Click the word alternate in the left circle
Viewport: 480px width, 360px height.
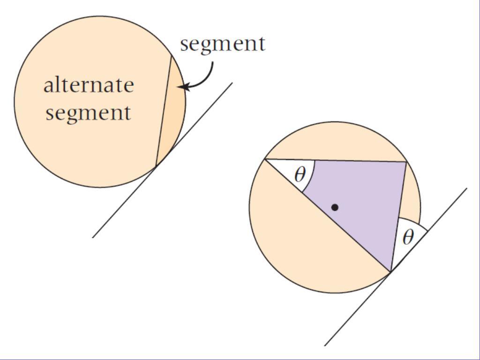pyautogui.click(x=89, y=85)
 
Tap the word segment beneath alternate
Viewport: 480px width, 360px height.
pyautogui.click(x=88, y=113)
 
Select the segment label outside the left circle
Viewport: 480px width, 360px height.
pyautogui.click(x=223, y=44)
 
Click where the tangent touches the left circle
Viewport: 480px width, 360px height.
pyautogui.click(x=156, y=166)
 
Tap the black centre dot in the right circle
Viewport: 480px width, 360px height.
pyautogui.click(x=335, y=207)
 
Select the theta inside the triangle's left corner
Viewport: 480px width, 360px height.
pyautogui.click(x=300, y=175)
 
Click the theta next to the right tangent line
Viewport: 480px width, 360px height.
pyautogui.click(x=408, y=238)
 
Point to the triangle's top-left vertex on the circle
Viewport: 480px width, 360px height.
pyautogui.click(x=265, y=159)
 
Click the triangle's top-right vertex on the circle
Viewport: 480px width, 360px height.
pyautogui.click(x=406, y=162)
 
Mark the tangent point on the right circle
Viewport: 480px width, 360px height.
pyautogui.click(x=390, y=271)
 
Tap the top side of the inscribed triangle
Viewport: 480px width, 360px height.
pyautogui.click(x=335, y=160)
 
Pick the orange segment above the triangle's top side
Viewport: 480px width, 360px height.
pyautogui.click(x=335, y=141)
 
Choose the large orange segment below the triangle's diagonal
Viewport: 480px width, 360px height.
pyautogui.click(x=300, y=244)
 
